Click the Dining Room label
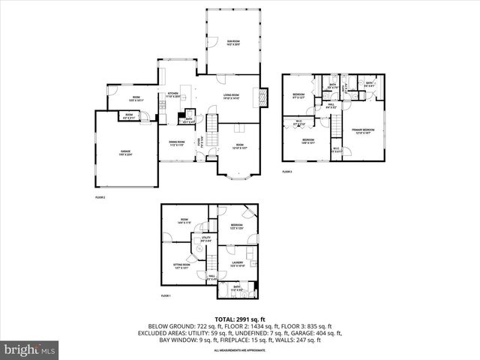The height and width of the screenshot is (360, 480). [x=177, y=145]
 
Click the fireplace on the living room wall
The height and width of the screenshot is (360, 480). [x=261, y=97]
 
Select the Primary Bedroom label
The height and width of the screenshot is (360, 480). [x=363, y=130]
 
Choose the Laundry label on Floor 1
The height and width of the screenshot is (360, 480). [x=237, y=264]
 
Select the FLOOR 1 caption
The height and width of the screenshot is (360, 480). [x=166, y=296]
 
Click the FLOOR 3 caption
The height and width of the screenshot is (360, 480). [x=287, y=172]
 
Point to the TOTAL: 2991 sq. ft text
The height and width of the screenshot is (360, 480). [x=240, y=319]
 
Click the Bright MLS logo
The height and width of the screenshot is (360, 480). [x=30, y=349]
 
